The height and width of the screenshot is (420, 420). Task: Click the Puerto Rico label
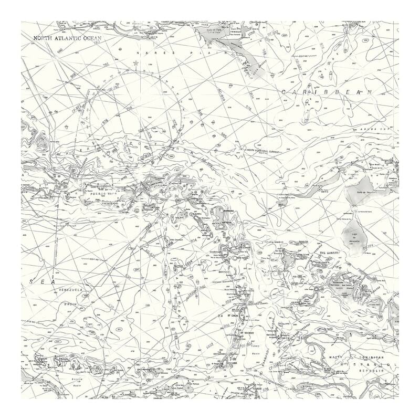pos(102,194)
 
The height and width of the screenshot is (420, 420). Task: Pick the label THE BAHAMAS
pos(330,253)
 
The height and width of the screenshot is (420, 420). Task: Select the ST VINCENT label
pos(248,333)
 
